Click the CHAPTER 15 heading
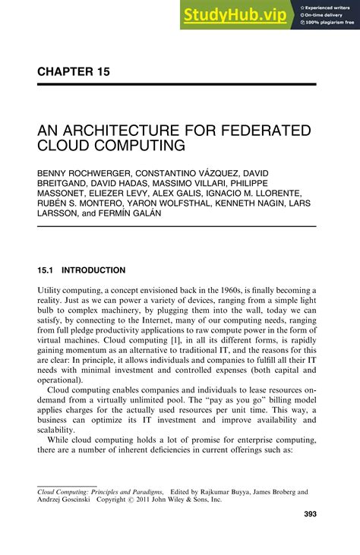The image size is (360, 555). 74,72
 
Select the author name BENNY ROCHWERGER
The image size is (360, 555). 83,174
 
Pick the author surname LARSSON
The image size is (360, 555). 62,213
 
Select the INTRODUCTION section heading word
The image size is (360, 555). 93,270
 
